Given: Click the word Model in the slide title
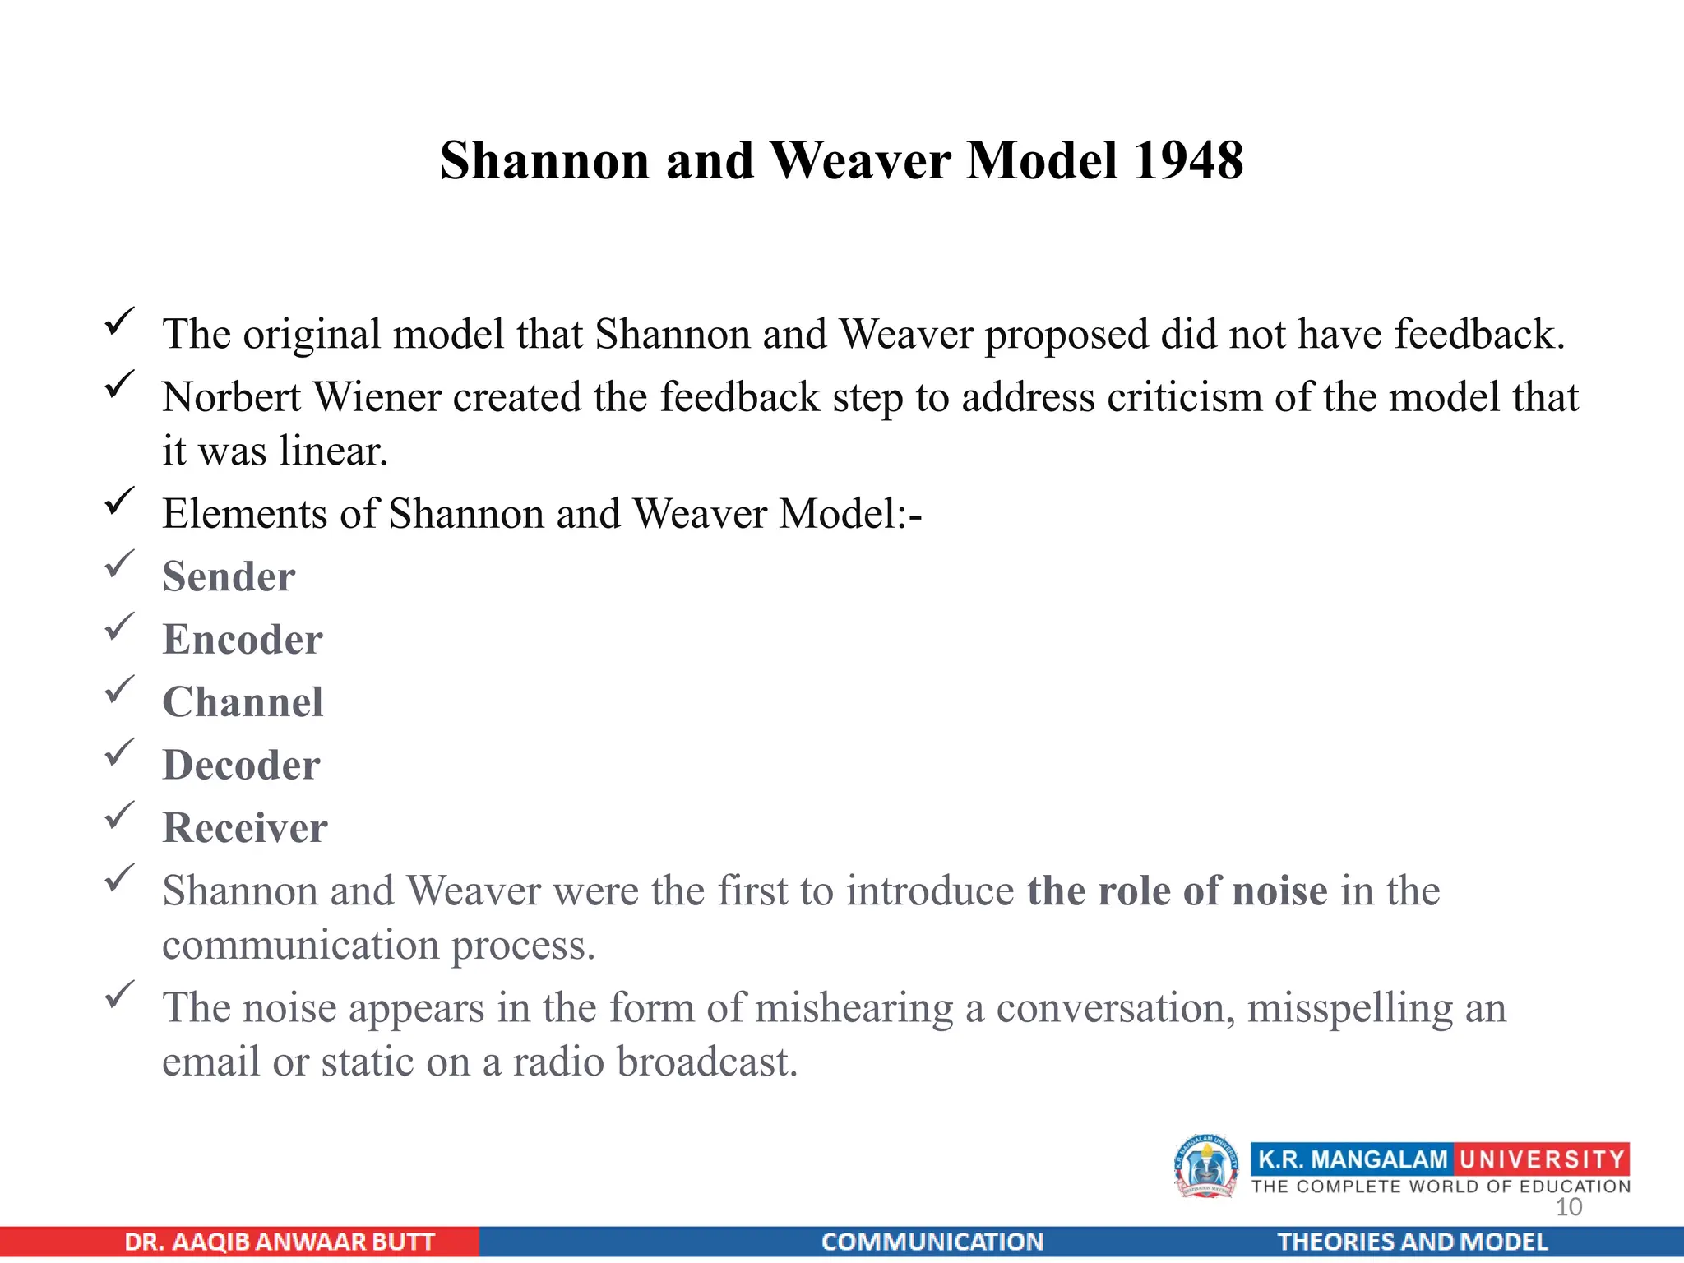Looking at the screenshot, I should pyautogui.click(x=1042, y=160).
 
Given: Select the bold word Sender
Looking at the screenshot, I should pyautogui.click(x=229, y=576).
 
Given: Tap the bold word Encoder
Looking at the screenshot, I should pyautogui.click(x=243, y=640).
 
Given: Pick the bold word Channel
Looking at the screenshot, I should pyautogui.click(x=243, y=702).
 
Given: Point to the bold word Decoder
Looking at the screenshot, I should pyautogui.click(x=241, y=766).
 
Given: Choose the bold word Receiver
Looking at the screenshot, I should pyautogui.click(x=245, y=828).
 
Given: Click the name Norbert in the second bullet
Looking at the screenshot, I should pyautogui.click(x=231, y=397).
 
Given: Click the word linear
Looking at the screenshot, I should pyautogui.click(x=333, y=451).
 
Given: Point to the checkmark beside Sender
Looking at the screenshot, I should pyautogui.click(x=120, y=564).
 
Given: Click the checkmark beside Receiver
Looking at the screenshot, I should pyautogui.click(x=120, y=815).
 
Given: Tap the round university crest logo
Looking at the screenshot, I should pyautogui.click(x=1205, y=1166).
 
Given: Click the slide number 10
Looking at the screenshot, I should pyautogui.click(x=1569, y=1207).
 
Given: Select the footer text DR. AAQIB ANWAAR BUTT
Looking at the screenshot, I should pyautogui.click(x=279, y=1242).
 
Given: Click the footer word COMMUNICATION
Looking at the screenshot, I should pyautogui.click(x=932, y=1242).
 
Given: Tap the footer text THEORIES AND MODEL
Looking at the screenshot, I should pyautogui.click(x=1412, y=1242).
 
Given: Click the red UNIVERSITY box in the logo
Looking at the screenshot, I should pyautogui.click(x=1542, y=1159).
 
